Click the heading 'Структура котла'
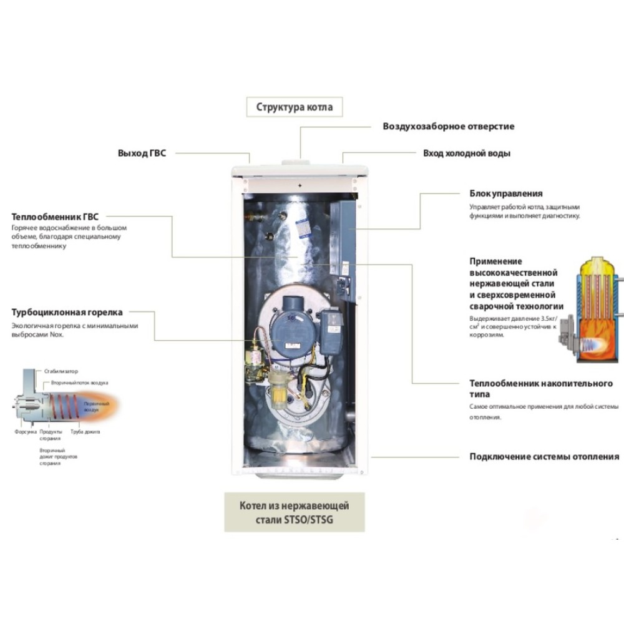pos(295,107)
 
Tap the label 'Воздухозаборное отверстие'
pos(448,126)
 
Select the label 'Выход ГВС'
pos(142,153)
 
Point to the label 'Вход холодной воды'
pos(467,153)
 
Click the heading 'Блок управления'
pos(506,193)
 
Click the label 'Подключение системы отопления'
pos(544,456)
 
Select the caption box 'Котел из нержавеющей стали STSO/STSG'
pos(295,512)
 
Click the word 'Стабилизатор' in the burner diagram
pos(61,371)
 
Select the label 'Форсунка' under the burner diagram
pos(24,431)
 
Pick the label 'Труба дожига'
pos(85,431)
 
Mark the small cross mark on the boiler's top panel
pos(300,186)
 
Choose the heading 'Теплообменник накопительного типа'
pos(541,389)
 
